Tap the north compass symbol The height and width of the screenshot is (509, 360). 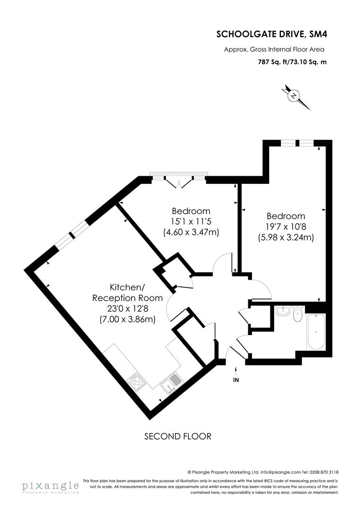(x=294, y=96)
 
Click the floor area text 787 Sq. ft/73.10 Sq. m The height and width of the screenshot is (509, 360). (x=291, y=61)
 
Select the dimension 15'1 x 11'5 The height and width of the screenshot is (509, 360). (x=191, y=222)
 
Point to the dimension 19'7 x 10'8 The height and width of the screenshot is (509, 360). (x=286, y=227)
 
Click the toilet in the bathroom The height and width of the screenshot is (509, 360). (x=297, y=314)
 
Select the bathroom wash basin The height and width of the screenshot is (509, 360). (x=283, y=311)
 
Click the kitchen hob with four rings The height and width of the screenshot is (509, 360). (x=136, y=381)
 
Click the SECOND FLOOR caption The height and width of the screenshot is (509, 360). (x=178, y=436)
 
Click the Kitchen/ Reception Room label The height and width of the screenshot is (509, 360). (x=127, y=292)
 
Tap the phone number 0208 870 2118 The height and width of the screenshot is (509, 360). (x=325, y=472)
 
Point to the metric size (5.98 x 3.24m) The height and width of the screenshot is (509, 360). (x=286, y=238)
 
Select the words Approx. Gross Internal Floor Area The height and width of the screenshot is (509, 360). (x=274, y=49)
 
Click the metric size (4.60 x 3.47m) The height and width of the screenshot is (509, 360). (x=191, y=232)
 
